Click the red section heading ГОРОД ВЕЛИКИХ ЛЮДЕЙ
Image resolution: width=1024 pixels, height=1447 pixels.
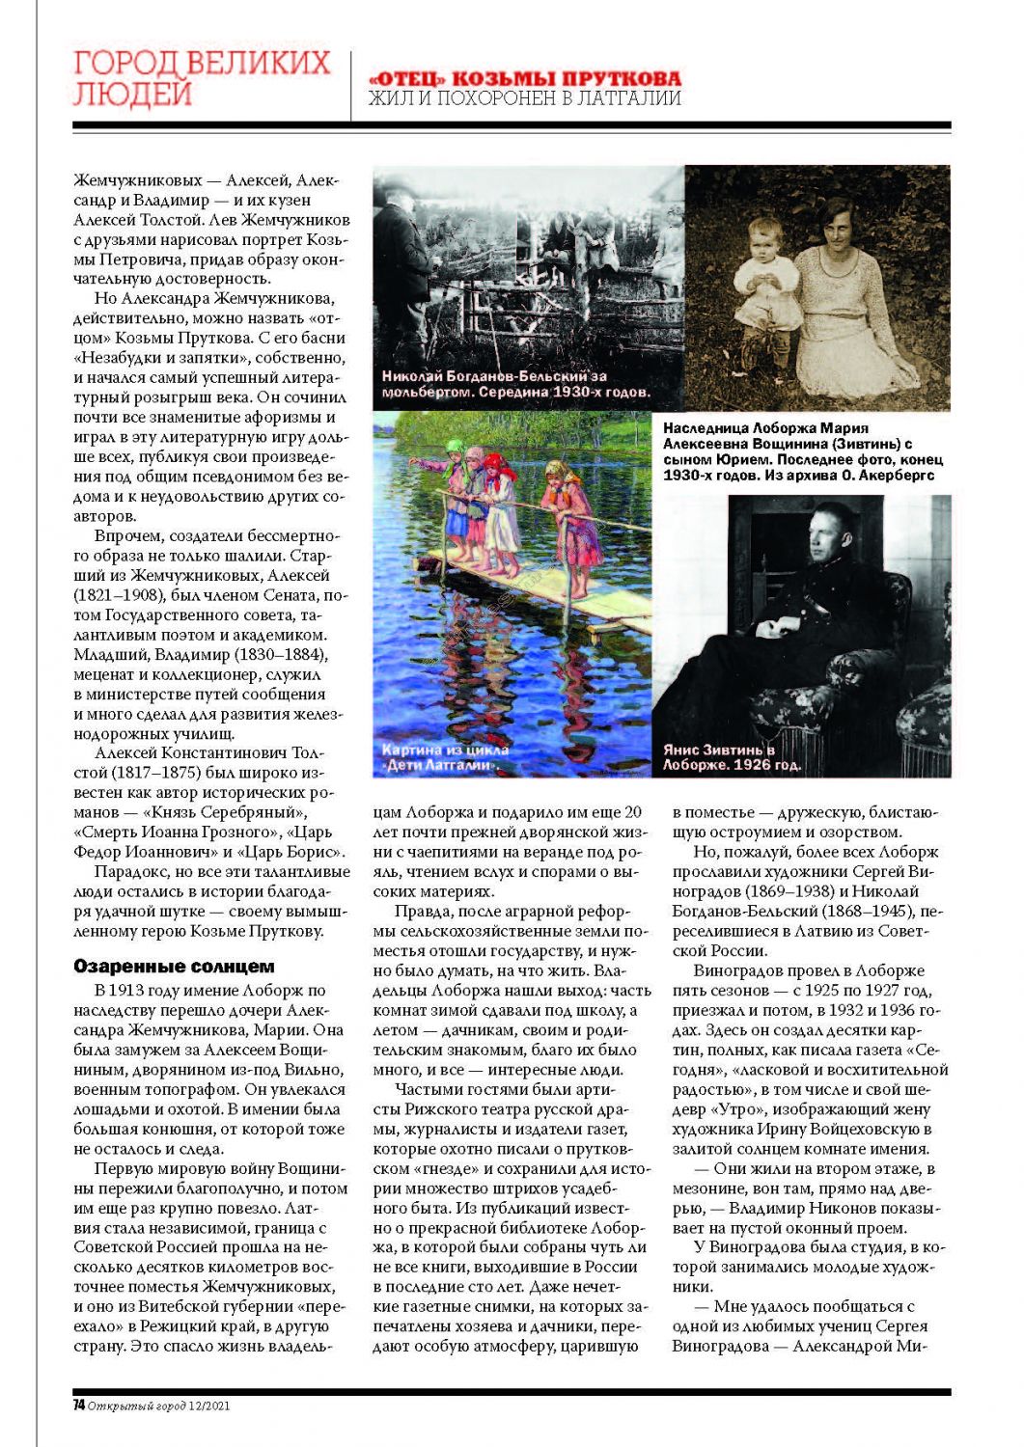(202, 78)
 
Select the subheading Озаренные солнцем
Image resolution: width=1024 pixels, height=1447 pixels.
(174, 967)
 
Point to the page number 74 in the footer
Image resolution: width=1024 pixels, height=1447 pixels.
(78, 1406)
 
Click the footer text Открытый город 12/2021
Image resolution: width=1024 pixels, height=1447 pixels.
(159, 1406)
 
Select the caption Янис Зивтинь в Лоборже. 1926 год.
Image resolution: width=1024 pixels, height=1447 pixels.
(733, 757)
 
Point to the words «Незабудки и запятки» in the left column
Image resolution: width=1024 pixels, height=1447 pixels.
(154, 358)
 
